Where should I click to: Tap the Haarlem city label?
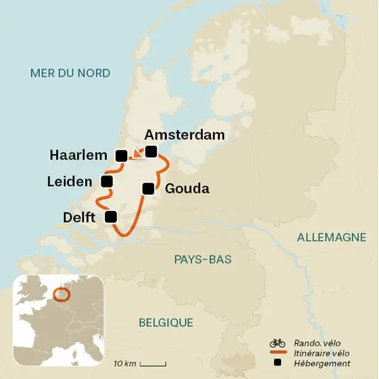click(79, 155)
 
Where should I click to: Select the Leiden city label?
click(70, 182)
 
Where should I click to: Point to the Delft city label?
click(78, 217)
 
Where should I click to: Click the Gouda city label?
click(187, 189)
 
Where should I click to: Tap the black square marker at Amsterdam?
click(150, 150)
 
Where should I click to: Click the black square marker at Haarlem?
click(121, 155)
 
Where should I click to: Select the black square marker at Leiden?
click(107, 182)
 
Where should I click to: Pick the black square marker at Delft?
click(111, 216)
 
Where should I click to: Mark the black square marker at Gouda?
click(148, 188)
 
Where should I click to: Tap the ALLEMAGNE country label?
click(331, 237)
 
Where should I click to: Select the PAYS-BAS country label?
click(203, 259)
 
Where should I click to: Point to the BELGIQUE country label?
click(165, 322)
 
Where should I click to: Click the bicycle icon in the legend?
click(277, 343)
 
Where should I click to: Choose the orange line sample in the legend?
click(277, 353)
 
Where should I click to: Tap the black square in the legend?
click(277, 363)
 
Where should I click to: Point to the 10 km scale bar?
click(153, 364)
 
